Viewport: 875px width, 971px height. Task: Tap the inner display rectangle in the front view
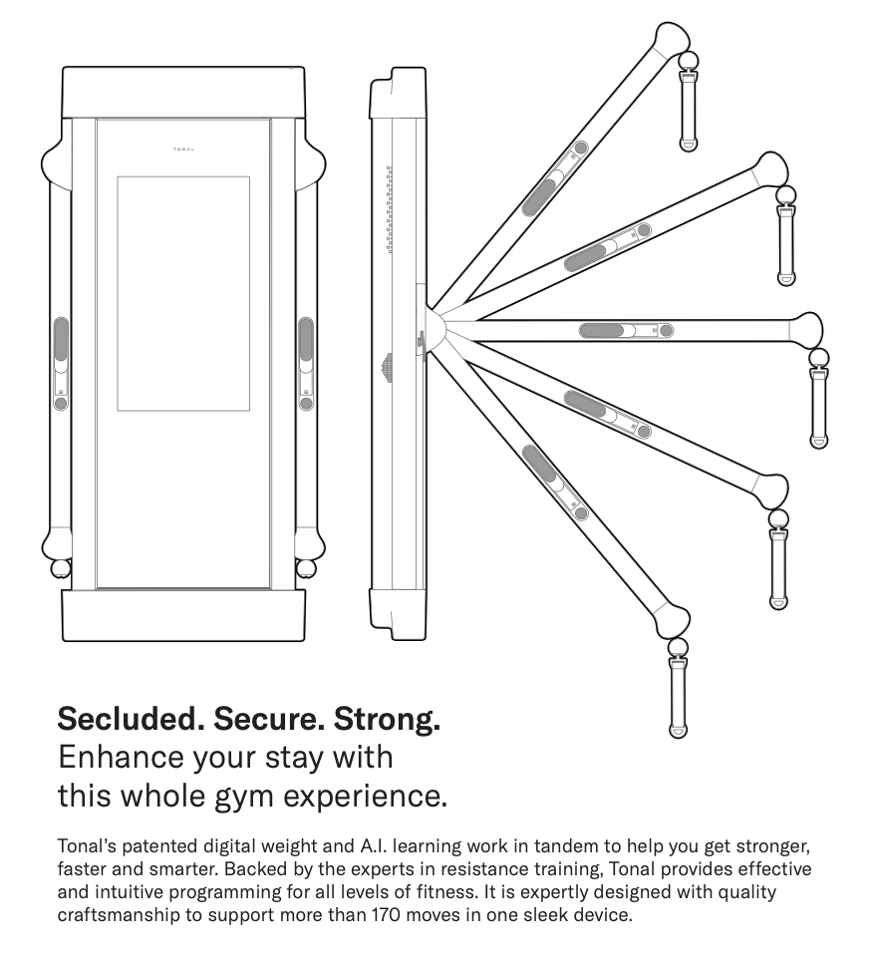pos(183,293)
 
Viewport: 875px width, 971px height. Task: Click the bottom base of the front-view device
pos(183,615)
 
